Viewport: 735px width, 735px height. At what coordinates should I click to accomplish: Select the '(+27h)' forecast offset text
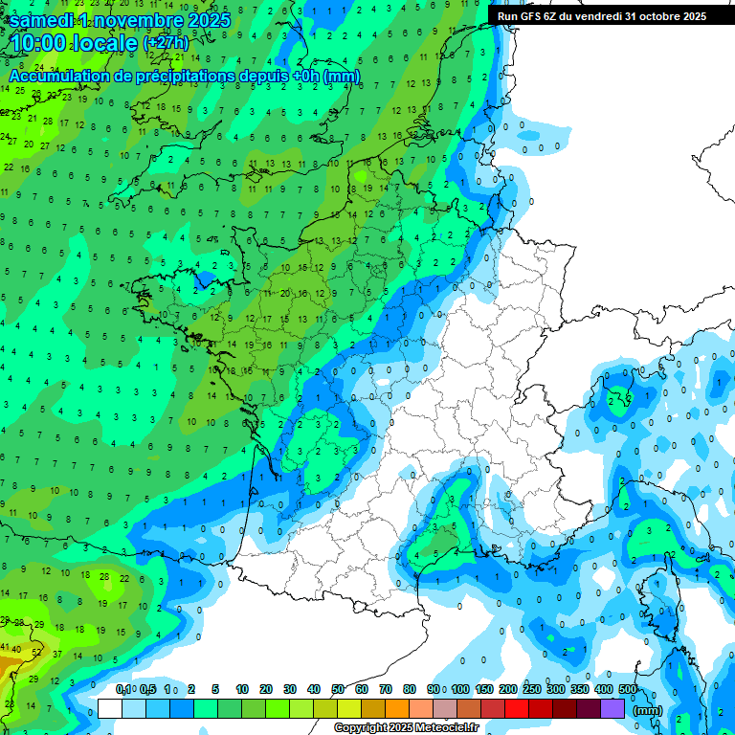166,43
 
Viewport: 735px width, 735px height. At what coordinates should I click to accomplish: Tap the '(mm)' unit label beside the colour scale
647,711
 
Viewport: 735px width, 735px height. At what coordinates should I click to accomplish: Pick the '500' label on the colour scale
628,689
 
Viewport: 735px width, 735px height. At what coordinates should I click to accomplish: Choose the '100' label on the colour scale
460,689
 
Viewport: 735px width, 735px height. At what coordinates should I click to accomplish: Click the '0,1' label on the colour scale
124,689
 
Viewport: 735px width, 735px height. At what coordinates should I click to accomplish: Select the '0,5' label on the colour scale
148,689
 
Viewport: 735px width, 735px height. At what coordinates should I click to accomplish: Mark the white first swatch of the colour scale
110,708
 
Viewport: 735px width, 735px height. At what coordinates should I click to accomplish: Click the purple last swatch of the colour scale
613,708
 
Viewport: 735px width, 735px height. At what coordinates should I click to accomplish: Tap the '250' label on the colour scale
532,689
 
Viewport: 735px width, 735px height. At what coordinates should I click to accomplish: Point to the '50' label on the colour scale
338,689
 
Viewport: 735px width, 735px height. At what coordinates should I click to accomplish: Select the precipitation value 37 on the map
56,655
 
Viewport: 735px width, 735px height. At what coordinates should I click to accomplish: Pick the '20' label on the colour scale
266,689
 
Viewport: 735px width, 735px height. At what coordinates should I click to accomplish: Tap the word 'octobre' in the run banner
654,15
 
